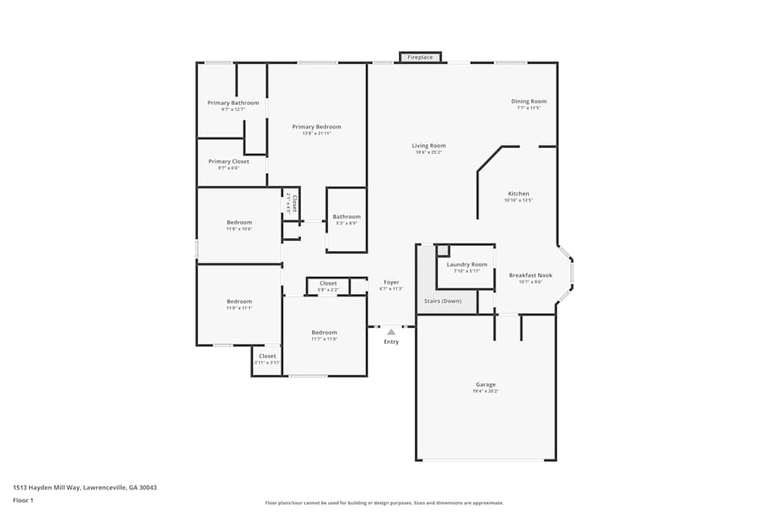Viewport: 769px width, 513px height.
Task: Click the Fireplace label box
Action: [420, 57]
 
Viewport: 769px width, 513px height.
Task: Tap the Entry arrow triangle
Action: [391, 331]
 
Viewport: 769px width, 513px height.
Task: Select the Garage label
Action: [485, 385]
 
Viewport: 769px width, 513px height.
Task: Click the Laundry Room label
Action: [467, 265]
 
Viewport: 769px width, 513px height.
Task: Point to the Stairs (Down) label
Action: [443, 301]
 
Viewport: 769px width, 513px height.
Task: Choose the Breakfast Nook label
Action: [531, 275]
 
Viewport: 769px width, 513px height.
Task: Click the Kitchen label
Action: [518, 194]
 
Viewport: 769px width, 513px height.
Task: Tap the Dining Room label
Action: [529, 102]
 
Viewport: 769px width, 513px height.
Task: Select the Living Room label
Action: [428, 145]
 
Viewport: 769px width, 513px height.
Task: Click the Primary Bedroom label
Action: [316, 127]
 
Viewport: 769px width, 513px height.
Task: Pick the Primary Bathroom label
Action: [233, 103]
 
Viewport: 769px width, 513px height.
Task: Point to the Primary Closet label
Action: [228, 162]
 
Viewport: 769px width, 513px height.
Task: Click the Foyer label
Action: [391, 282]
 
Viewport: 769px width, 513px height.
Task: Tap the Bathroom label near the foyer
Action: [346, 217]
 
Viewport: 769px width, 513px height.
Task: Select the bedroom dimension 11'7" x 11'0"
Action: [324, 338]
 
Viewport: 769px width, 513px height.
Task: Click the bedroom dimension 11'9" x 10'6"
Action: [239, 229]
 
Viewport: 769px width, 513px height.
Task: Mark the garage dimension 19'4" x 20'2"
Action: [485, 391]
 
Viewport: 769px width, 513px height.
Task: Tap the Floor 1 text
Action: [23, 500]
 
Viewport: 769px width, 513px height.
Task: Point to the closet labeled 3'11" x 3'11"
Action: [267, 362]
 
